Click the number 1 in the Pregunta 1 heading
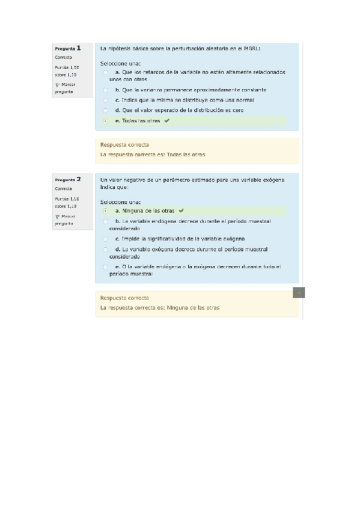coord(79,48)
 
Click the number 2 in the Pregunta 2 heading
coord(79,179)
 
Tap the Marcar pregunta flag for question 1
coord(57,85)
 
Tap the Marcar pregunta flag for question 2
coord(57,216)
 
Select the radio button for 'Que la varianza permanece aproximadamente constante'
coord(106,90)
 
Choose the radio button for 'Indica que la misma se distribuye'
coord(106,100)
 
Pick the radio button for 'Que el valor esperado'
coord(106,111)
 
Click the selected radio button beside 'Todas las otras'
coord(106,121)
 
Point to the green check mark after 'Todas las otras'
coord(166,121)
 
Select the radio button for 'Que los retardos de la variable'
coord(106,72)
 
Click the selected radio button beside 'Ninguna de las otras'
coord(106,211)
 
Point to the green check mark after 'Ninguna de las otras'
coord(180,211)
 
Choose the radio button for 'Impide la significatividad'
coord(106,239)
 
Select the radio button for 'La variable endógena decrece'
coord(106,221)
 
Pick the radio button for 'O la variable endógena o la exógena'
coord(106,266)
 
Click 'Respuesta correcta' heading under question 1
coord(125,145)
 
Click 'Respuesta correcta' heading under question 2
coord(125,298)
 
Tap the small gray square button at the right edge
coord(299,293)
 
